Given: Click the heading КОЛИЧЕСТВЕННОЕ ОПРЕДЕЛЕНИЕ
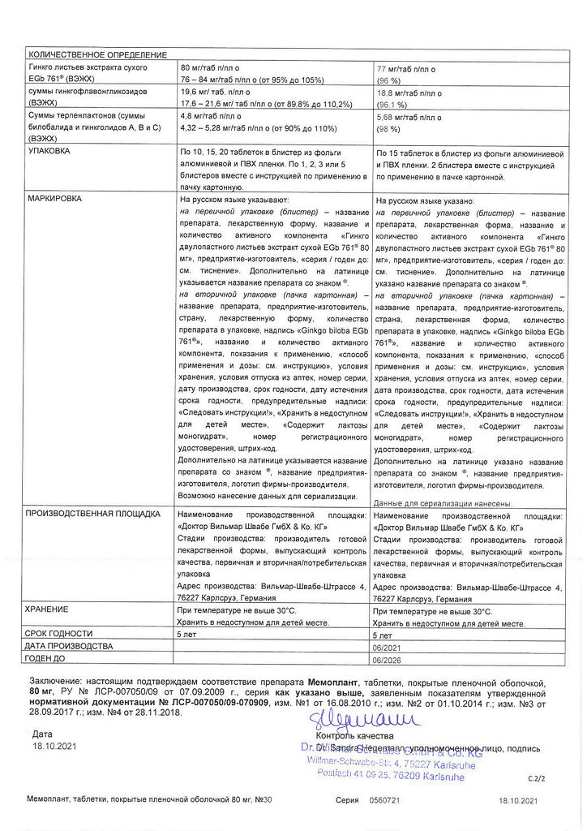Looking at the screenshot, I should [x=97, y=54].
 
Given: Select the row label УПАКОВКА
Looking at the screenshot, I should [x=49, y=152].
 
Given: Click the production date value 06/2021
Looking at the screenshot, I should [x=386, y=647].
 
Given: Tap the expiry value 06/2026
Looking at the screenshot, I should [x=386, y=659].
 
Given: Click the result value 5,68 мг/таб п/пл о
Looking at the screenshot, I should [x=409, y=117].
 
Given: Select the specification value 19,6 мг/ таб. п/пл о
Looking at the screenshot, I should [x=214, y=93].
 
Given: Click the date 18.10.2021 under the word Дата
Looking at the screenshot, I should [x=53, y=745].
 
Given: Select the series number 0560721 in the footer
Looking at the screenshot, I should [x=385, y=800].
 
